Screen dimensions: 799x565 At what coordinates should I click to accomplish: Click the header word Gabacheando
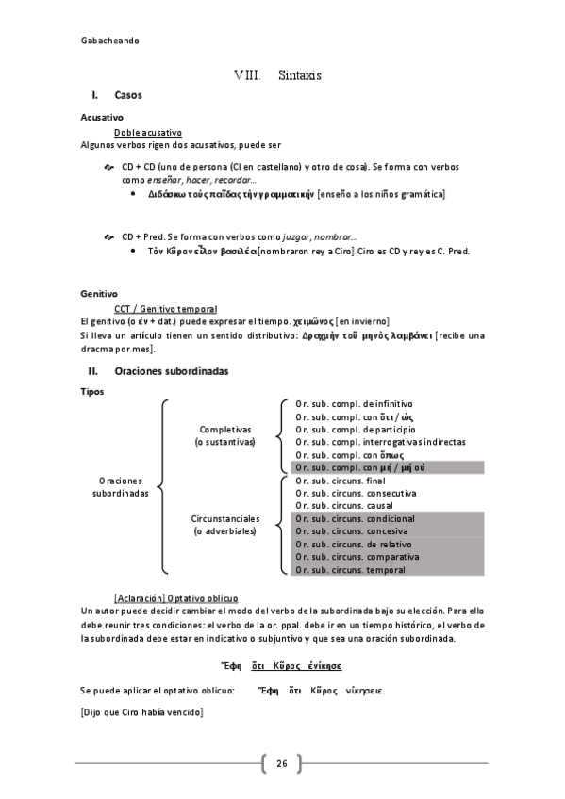click(x=110, y=41)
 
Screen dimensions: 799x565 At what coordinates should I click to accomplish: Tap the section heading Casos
click(x=127, y=96)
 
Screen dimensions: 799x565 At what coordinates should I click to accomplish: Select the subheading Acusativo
click(x=102, y=118)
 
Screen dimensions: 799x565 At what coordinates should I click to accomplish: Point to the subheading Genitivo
click(x=98, y=293)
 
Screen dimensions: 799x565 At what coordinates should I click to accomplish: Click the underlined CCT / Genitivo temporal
click(x=164, y=308)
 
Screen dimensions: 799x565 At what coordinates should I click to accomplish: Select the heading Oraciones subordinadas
click(x=171, y=371)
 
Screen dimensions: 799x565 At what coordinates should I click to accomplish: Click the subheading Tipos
click(x=93, y=391)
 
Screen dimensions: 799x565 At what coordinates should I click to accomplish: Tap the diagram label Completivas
click(x=218, y=429)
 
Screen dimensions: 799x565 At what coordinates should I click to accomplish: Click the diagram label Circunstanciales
click(x=224, y=519)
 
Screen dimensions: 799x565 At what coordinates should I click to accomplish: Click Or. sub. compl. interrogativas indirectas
click(x=379, y=441)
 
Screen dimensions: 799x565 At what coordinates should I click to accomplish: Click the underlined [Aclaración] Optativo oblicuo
click(x=175, y=598)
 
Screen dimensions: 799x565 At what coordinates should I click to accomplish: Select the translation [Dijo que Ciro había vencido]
click(x=141, y=712)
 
